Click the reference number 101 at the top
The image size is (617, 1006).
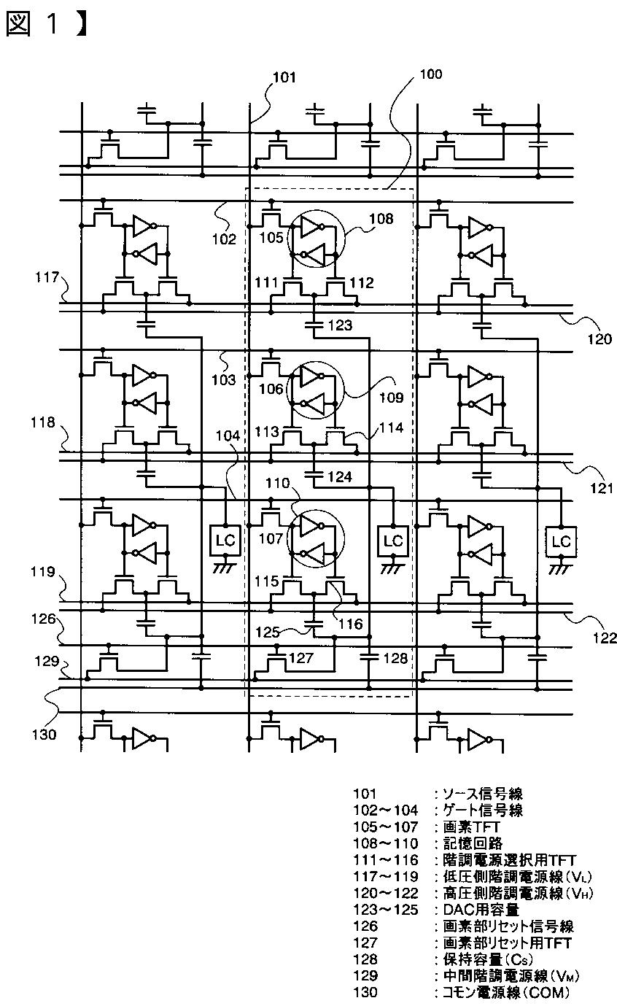(284, 77)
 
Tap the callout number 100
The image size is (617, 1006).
(430, 74)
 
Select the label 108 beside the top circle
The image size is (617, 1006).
(381, 219)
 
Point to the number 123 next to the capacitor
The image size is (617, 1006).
(340, 325)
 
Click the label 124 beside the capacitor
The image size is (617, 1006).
(340, 476)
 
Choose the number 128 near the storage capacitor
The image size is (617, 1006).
(395, 658)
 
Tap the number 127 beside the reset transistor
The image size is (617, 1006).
(300, 658)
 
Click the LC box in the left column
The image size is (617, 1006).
(225, 541)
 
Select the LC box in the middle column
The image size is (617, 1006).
(393, 541)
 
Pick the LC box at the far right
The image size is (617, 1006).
(561, 541)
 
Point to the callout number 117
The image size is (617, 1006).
(47, 277)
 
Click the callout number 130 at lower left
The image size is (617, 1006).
(44, 735)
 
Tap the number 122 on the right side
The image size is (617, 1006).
(605, 638)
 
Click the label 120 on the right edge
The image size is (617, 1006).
(600, 338)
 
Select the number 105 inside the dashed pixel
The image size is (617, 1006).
(271, 237)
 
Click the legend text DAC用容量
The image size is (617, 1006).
(481, 910)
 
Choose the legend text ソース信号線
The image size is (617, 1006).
(483, 794)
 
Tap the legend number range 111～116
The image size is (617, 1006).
(386, 860)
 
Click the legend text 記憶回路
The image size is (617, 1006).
(473, 843)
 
